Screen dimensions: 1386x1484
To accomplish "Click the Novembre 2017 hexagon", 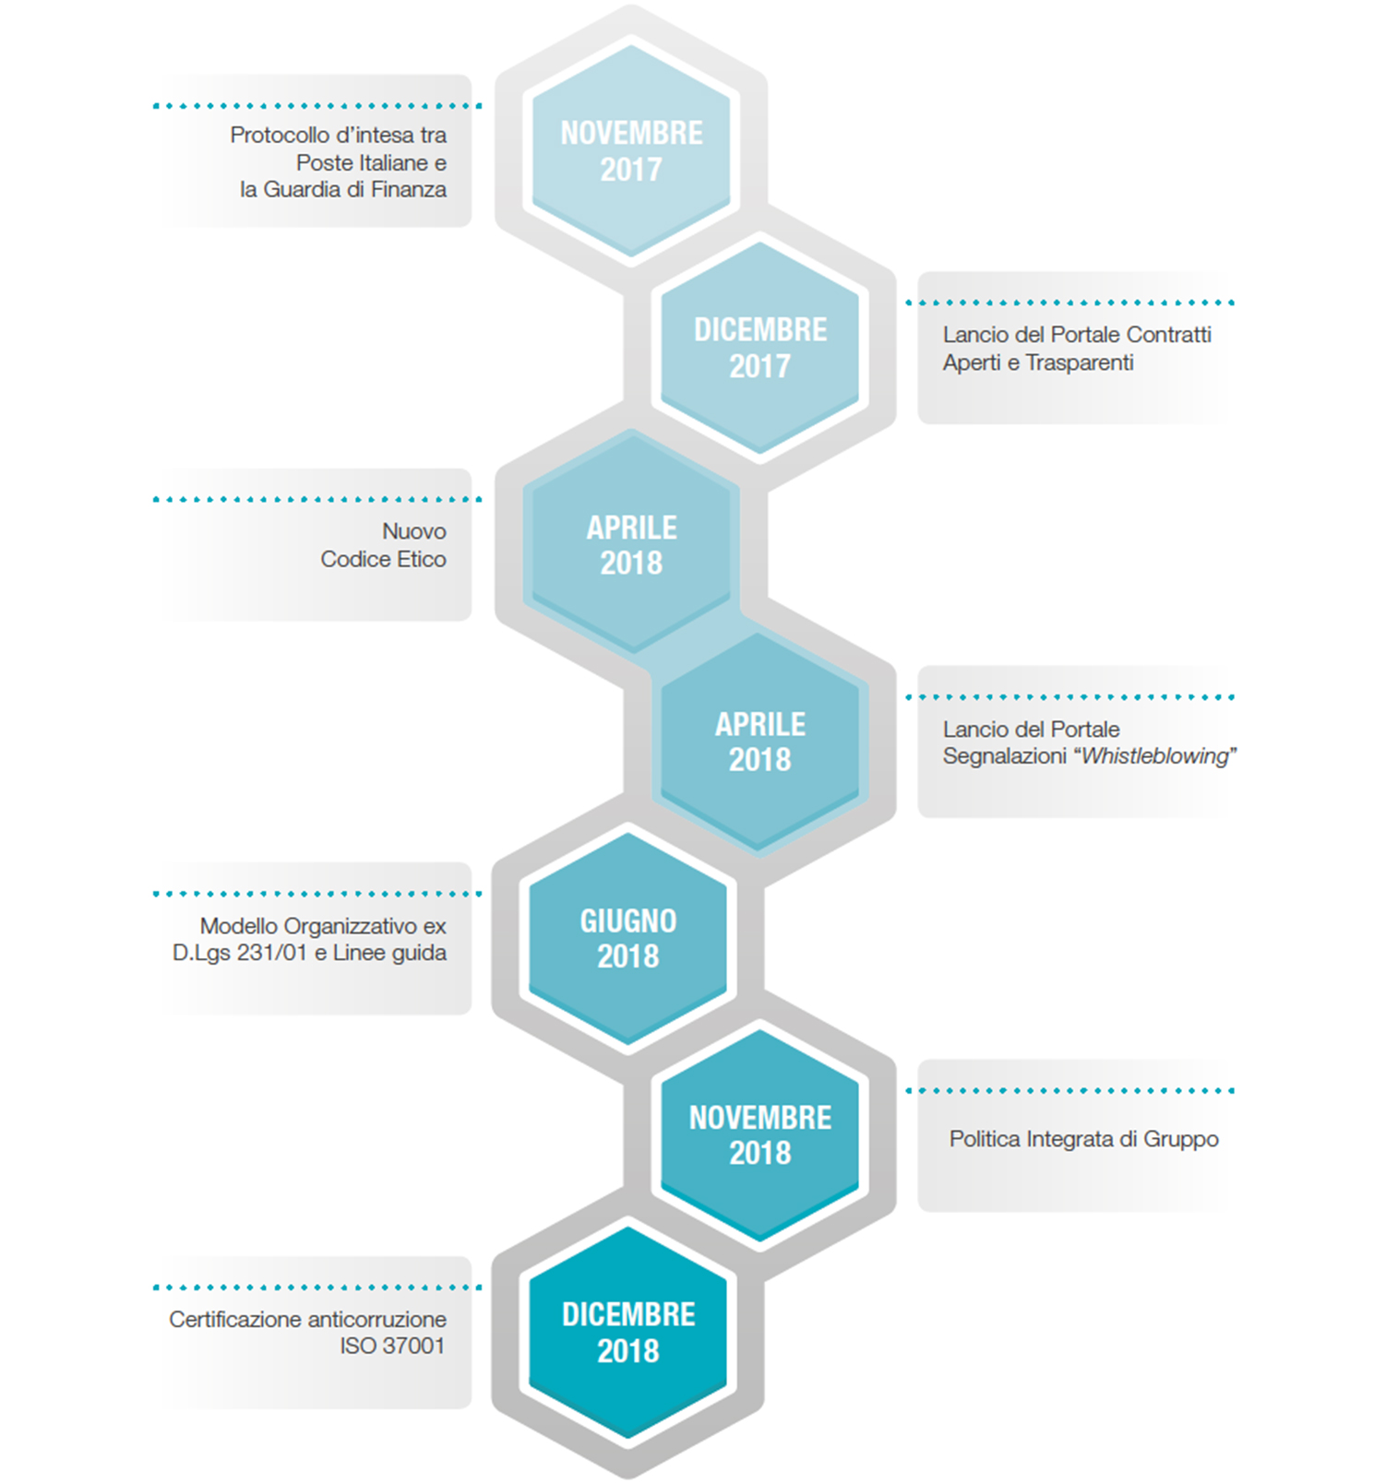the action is (x=631, y=150).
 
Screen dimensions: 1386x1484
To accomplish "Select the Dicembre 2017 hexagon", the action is (x=760, y=347).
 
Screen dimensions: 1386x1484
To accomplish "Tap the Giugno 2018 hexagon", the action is (x=628, y=938).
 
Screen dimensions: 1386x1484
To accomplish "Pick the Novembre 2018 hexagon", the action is (x=760, y=1134).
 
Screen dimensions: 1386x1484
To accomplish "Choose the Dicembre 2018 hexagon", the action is (x=628, y=1332).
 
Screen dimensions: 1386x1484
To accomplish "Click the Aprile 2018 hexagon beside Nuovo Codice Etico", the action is (x=631, y=544).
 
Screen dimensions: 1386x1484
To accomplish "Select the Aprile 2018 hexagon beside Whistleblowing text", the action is (x=760, y=741).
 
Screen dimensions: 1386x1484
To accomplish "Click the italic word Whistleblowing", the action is (x=1155, y=757).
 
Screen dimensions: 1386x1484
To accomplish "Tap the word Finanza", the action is (x=409, y=189).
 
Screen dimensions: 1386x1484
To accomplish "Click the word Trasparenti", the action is (x=1080, y=363).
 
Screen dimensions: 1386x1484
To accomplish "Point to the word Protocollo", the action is (x=280, y=135).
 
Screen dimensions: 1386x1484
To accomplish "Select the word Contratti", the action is (x=1169, y=335).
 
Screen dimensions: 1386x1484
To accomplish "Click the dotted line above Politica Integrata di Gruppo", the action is (x=1070, y=1091).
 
